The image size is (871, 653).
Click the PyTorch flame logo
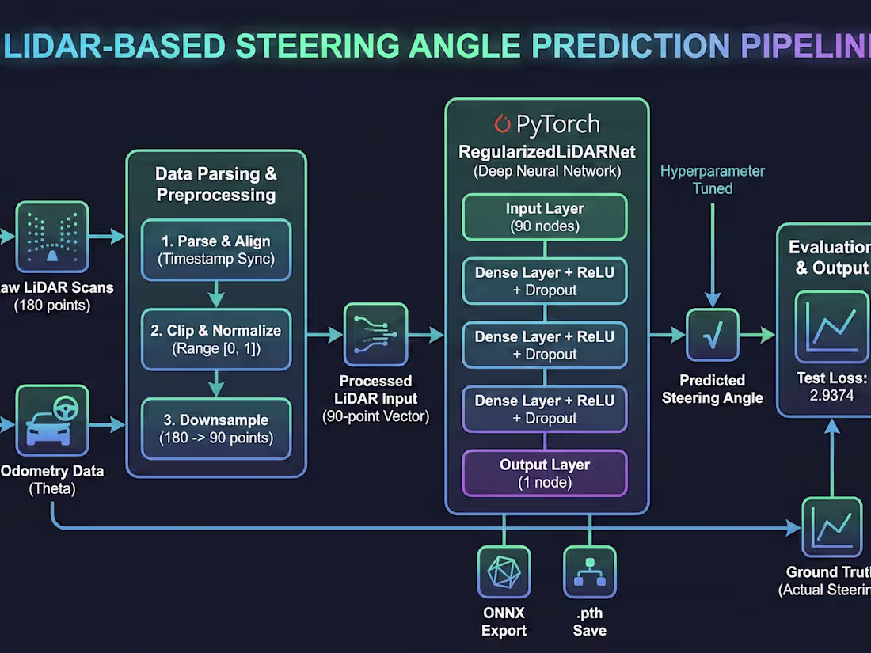click(x=502, y=124)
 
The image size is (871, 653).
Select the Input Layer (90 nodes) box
click(x=545, y=217)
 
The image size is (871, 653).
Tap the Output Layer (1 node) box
click(x=545, y=473)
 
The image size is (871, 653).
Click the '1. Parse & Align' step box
click(x=216, y=249)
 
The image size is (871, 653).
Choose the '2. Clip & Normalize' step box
click(x=216, y=339)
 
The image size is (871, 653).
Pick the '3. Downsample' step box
click(x=216, y=429)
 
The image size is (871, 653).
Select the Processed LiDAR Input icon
click(x=375, y=336)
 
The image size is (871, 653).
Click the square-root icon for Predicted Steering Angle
click(x=712, y=336)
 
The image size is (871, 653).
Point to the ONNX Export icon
click(x=504, y=571)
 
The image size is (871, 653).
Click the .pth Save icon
click(x=589, y=571)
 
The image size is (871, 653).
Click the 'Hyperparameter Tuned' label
click(x=713, y=180)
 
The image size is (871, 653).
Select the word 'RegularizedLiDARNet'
click(x=546, y=152)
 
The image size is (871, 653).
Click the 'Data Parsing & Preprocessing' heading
click(x=215, y=184)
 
